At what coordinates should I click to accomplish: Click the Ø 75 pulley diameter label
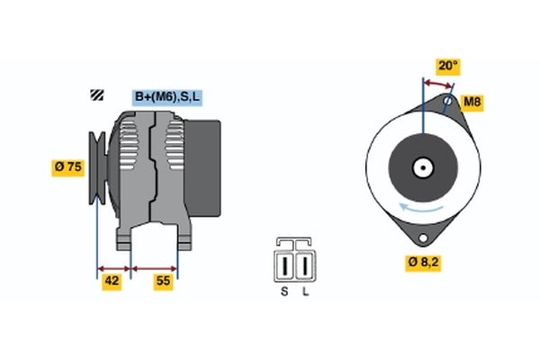coord(67,167)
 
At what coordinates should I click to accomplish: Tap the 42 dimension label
coord(112,282)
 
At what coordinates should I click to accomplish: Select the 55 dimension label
coord(163,282)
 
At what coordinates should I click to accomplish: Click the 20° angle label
coord(448,66)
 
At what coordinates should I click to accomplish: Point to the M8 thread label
coord(472,102)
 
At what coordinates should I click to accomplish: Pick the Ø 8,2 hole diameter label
coord(423,263)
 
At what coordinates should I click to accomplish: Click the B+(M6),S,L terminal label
coord(167,97)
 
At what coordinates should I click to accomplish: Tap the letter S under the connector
coord(284,292)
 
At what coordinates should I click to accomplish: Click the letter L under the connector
coord(305,292)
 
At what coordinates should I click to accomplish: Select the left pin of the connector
coord(284,266)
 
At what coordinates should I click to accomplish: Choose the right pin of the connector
coord(305,266)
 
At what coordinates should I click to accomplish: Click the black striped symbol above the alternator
coord(97,95)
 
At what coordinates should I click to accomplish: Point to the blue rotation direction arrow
coord(421,208)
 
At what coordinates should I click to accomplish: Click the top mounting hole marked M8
coord(447,101)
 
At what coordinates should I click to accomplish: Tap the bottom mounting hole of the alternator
coord(423,238)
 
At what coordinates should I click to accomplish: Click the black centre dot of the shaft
coord(423,168)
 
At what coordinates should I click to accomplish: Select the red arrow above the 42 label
coord(114,269)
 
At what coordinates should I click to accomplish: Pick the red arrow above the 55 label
coord(154,269)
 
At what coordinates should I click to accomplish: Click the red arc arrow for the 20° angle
coord(437,84)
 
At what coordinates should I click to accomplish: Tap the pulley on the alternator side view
coord(97,167)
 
